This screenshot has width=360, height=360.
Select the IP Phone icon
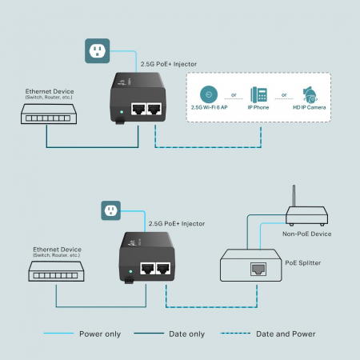(259, 94)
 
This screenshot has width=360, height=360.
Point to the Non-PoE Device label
(306, 234)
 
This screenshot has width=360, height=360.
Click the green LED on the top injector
(119, 111)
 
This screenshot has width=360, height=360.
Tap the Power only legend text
(100, 334)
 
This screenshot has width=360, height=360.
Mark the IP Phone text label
(259, 106)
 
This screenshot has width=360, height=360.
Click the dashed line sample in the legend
(231, 334)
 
